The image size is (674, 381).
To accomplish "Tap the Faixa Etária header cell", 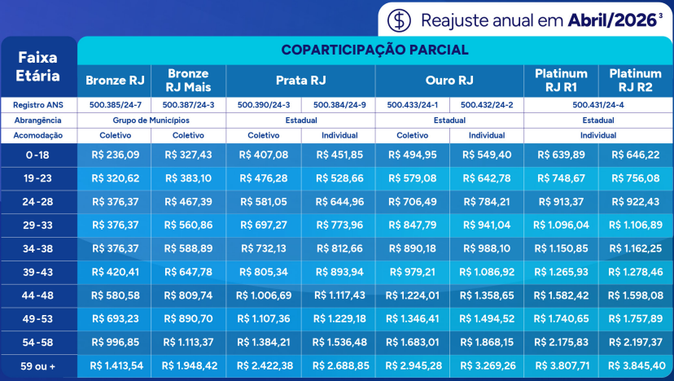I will pos(39,66).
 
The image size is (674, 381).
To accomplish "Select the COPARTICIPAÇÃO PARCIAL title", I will pos(374,50).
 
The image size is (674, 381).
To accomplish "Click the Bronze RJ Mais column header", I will pos(188,80).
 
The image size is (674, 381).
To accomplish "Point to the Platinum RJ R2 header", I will pos(635,80).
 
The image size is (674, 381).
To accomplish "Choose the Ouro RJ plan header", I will pos(449,80).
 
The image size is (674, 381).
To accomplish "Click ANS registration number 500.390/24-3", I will pos(263,105).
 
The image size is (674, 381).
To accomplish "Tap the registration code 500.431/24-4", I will pos(597,105).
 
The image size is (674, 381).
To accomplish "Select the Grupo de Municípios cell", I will pos(151,120).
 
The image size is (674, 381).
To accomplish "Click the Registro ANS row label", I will pos(39,105).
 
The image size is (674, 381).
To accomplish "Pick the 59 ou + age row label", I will pos(39,366).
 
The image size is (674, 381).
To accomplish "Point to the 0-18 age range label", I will pos(39,155).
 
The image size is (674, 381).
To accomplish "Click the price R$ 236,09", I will pos(116,155).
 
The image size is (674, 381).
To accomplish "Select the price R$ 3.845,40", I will pos(635,366).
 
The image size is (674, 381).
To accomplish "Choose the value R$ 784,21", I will pos(486,201).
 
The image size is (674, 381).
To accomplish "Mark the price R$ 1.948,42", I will pos(188,366).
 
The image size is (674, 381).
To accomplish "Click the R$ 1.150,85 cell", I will pos(560,248).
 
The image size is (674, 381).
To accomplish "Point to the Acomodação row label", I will pos(39,135).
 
